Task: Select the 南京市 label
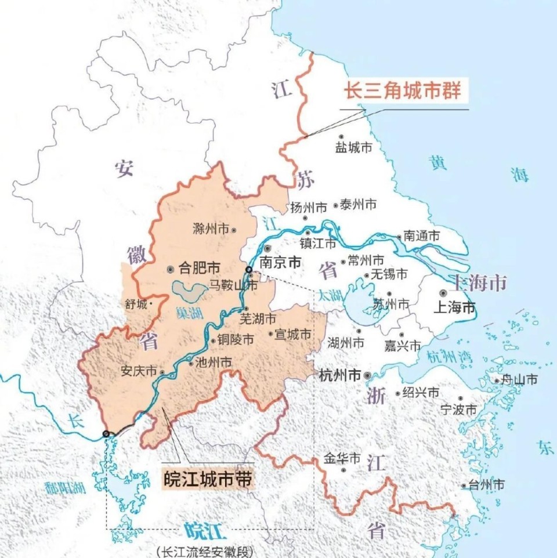pyautogui.click(x=280, y=262)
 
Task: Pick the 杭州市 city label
pyautogui.click(x=340, y=375)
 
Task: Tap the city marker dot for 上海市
pyautogui.click(x=443, y=294)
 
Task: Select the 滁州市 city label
pyautogui.click(x=211, y=229)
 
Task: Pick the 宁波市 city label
pyautogui.click(x=458, y=410)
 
